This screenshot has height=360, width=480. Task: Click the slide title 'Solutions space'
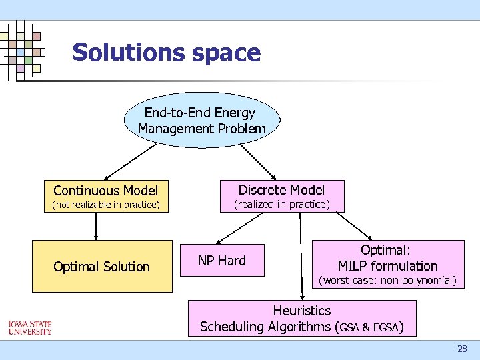(166, 52)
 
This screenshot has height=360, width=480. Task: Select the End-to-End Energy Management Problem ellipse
(201, 121)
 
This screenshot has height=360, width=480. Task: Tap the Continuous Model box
(105, 191)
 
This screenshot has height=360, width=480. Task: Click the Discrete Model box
(281, 189)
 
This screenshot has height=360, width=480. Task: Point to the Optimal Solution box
(101, 267)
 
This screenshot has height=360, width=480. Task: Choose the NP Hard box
(221, 261)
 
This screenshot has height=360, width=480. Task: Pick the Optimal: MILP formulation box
(387, 258)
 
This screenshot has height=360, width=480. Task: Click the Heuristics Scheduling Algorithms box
(301, 319)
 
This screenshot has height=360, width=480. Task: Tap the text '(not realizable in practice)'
(106, 205)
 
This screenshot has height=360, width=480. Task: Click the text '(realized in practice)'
(281, 204)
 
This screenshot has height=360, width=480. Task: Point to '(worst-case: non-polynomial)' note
(387, 281)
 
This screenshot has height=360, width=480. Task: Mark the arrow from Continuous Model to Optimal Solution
(96, 227)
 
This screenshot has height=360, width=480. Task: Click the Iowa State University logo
(29, 327)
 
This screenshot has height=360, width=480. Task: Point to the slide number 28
(462, 349)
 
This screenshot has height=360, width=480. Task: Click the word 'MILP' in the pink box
(355, 266)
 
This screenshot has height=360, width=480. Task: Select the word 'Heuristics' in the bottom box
(301, 311)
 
